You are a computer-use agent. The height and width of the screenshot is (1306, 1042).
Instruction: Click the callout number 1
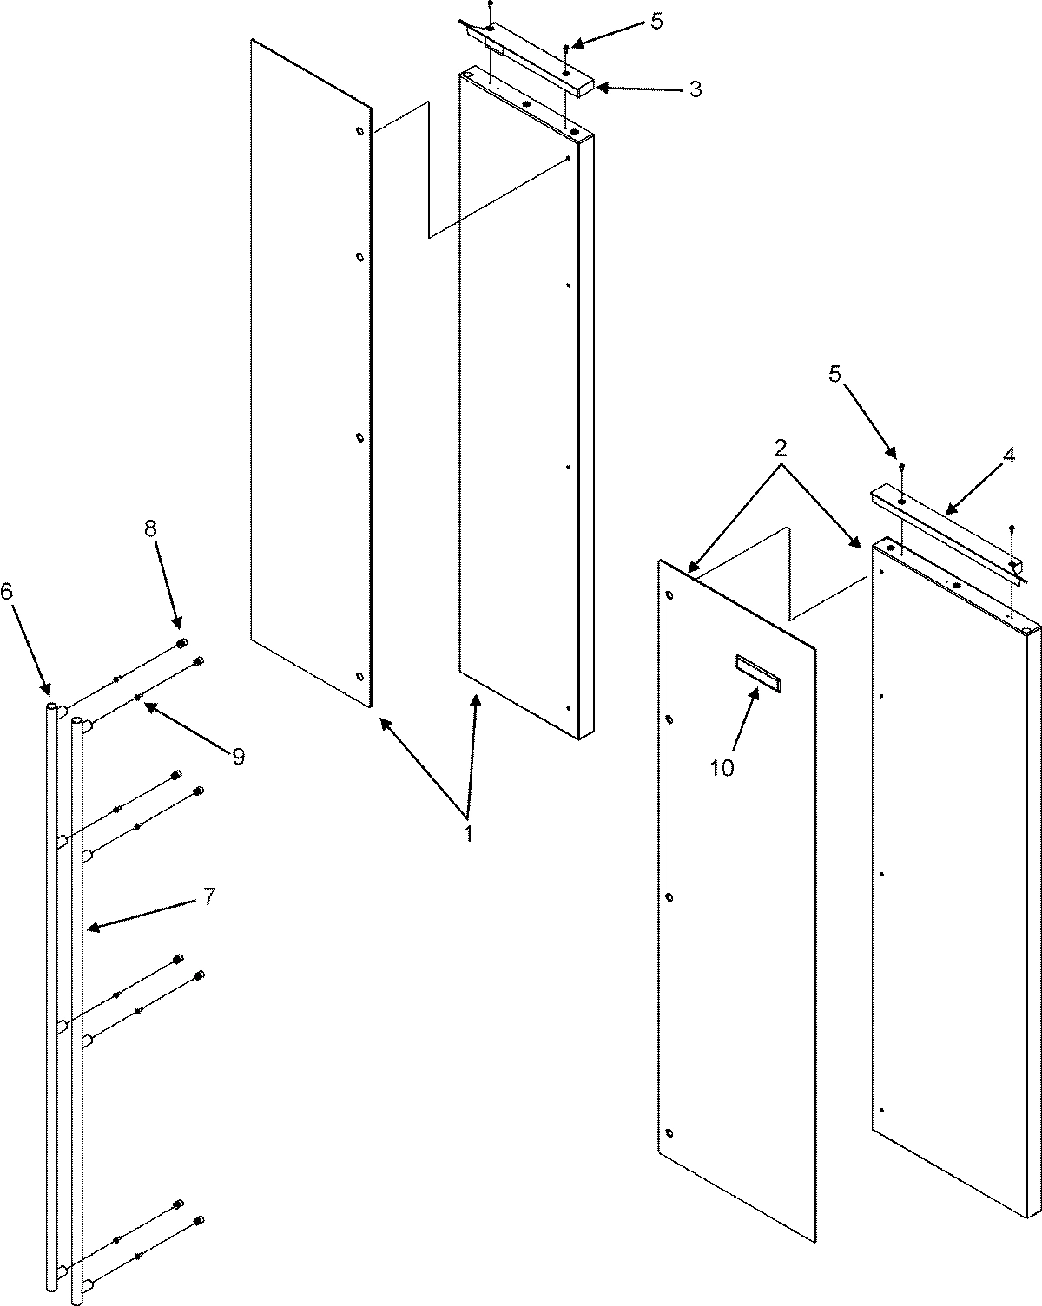(x=467, y=834)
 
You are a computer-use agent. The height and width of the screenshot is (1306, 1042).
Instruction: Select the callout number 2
(x=781, y=448)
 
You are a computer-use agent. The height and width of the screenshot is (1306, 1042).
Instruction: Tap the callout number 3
(x=695, y=89)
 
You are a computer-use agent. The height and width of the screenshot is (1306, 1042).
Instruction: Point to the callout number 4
(x=1009, y=457)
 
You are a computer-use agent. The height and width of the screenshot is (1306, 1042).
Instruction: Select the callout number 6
(x=7, y=592)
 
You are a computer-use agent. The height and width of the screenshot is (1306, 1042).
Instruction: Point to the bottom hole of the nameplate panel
(x=669, y=1133)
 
